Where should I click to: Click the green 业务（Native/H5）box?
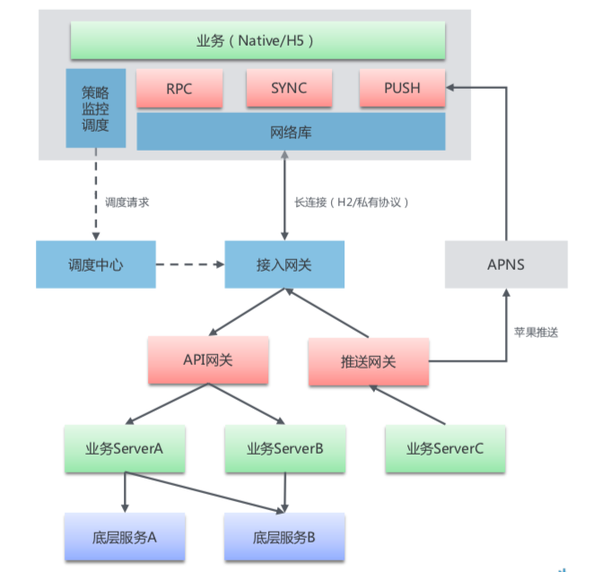click(x=257, y=40)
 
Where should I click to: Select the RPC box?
click(x=179, y=89)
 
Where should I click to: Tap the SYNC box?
click(x=288, y=89)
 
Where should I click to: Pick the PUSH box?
click(x=402, y=89)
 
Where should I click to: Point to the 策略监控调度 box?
click(x=95, y=108)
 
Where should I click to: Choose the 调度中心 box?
click(x=95, y=264)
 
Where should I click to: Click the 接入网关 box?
click(x=283, y=264)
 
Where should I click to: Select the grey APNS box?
click(x=506, y=264)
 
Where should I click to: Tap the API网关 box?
click(x=208, y=360)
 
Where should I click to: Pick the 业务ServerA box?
click(x=125, y=448)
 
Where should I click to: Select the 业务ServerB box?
click(x=284, y=448)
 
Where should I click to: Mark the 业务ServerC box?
click(x=444, y=448)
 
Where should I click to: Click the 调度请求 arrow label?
click(x=126, y=203)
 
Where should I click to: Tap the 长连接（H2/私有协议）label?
click(x=352, y=203)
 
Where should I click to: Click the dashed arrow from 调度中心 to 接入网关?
click(x=189, y=264)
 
